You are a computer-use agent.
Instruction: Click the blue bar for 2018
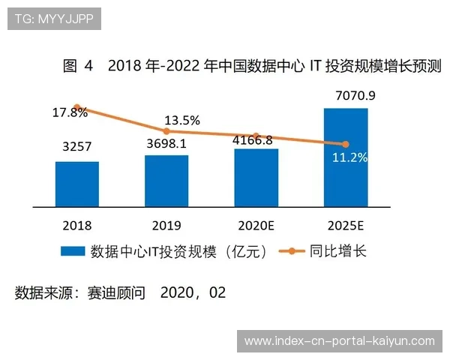click(76, 184)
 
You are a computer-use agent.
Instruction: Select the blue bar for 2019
click(166, 181)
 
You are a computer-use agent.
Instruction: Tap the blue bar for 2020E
click(256, 177)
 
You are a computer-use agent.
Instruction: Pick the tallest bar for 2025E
click(346, 157)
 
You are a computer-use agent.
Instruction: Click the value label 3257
click(77, 148)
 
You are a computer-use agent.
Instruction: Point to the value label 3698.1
click(166, 142)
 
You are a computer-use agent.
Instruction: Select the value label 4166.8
click(256, 139)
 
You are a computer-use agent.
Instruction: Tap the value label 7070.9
click(346, 95)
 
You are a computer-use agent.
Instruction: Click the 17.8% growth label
click(70, 112)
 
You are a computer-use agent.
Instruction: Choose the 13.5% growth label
click(182, 120)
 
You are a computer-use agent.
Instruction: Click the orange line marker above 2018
click(76, 107)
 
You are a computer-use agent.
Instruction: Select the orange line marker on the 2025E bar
click(346, 144)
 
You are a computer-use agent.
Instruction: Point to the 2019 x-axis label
click(166, 224)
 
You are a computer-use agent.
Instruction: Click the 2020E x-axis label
click(256, 224)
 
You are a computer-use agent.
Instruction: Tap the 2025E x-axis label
click(346, 224)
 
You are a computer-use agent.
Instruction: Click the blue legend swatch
click(72, 252)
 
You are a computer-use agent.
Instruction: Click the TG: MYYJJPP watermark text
click(54, 18)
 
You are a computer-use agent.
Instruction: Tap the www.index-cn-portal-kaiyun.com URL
click(339, 341)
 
